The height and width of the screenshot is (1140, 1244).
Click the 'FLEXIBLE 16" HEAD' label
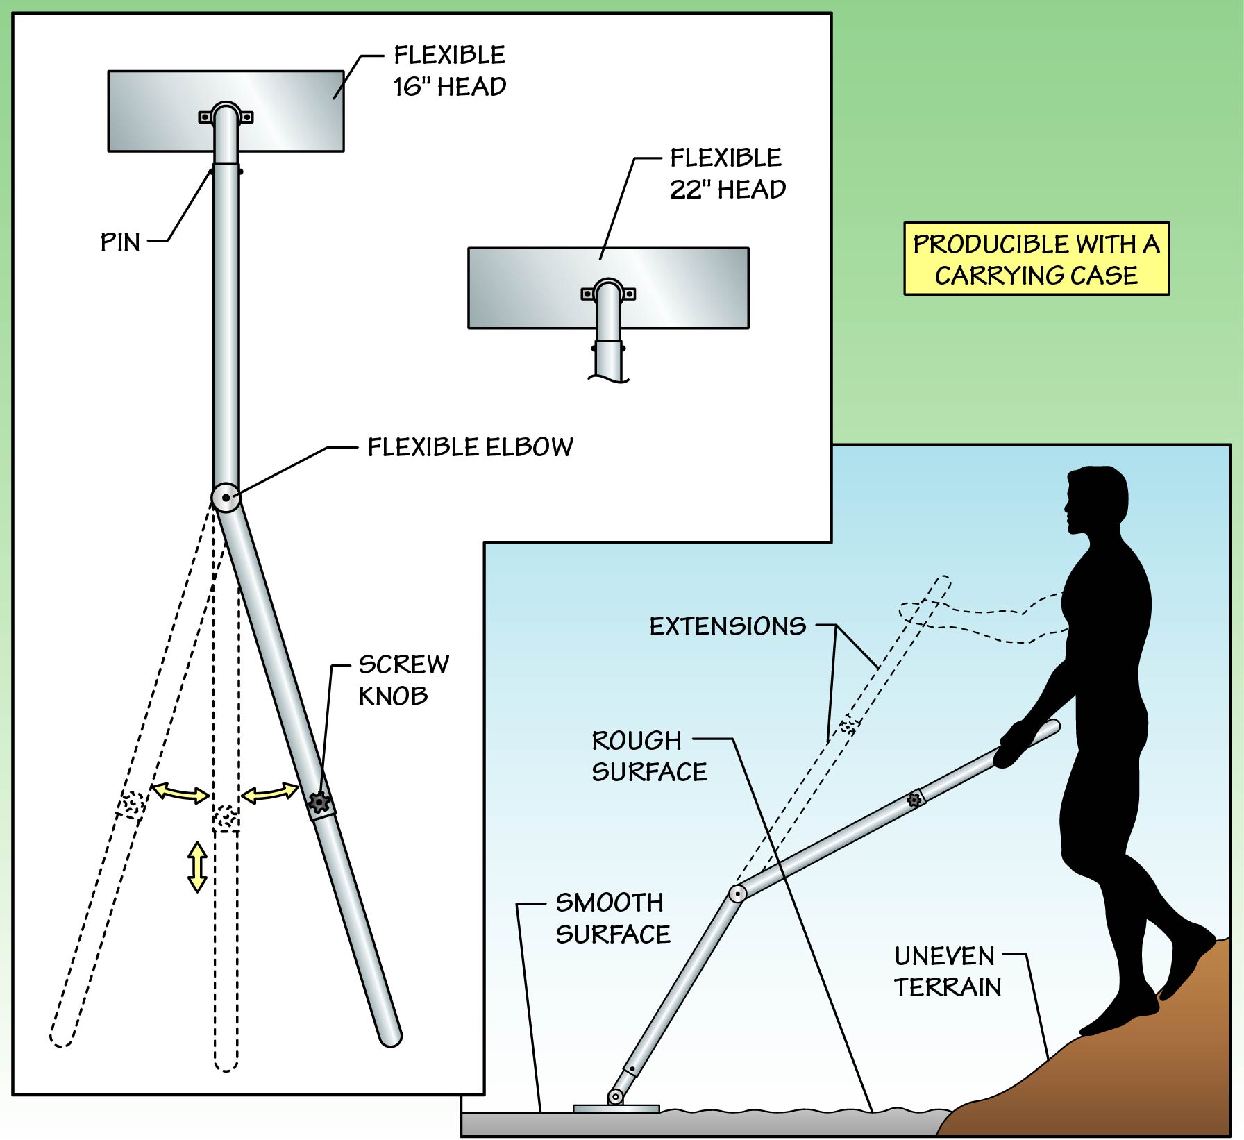pyautogui.click(x=449, y=71)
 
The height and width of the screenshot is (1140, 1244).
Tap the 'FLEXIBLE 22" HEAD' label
pyautogui.click(x=727, y=174)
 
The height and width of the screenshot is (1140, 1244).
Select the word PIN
pyautogui.click(x=120, y=242)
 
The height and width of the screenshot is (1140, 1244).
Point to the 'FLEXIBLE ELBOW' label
pyautogui.click(x=470, y=447)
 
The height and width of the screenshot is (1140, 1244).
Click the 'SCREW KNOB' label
pyautogui.click(x=403, y=680)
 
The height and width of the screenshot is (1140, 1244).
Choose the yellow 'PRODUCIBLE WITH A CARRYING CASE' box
pyautogui.click(x=1036, y=259)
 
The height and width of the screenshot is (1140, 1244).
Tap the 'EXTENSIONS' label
pyautogui.click(x=728, y=626)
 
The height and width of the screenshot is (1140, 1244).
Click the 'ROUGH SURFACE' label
pyautogui.click(x=648, y=756)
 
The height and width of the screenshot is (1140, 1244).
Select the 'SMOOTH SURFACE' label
pyautogui.click(x=612, y=918)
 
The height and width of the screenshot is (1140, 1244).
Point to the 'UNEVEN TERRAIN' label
pyautogui.click(x=947, y=971)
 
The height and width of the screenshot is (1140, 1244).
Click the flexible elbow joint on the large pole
pyautogui.click(x=226, y=497)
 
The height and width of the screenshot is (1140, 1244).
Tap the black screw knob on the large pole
pyautogui.click(x=319, y=802)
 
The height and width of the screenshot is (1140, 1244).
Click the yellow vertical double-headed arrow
pyautogui.click(x=198, y=866)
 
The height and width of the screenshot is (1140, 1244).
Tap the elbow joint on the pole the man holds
pyautogui.click(x=737, y=894)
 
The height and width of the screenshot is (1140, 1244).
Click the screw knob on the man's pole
pyautogui.click(x=914, y=799)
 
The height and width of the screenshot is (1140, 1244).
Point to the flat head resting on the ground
pyautogui.click(x=616, y=1109)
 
